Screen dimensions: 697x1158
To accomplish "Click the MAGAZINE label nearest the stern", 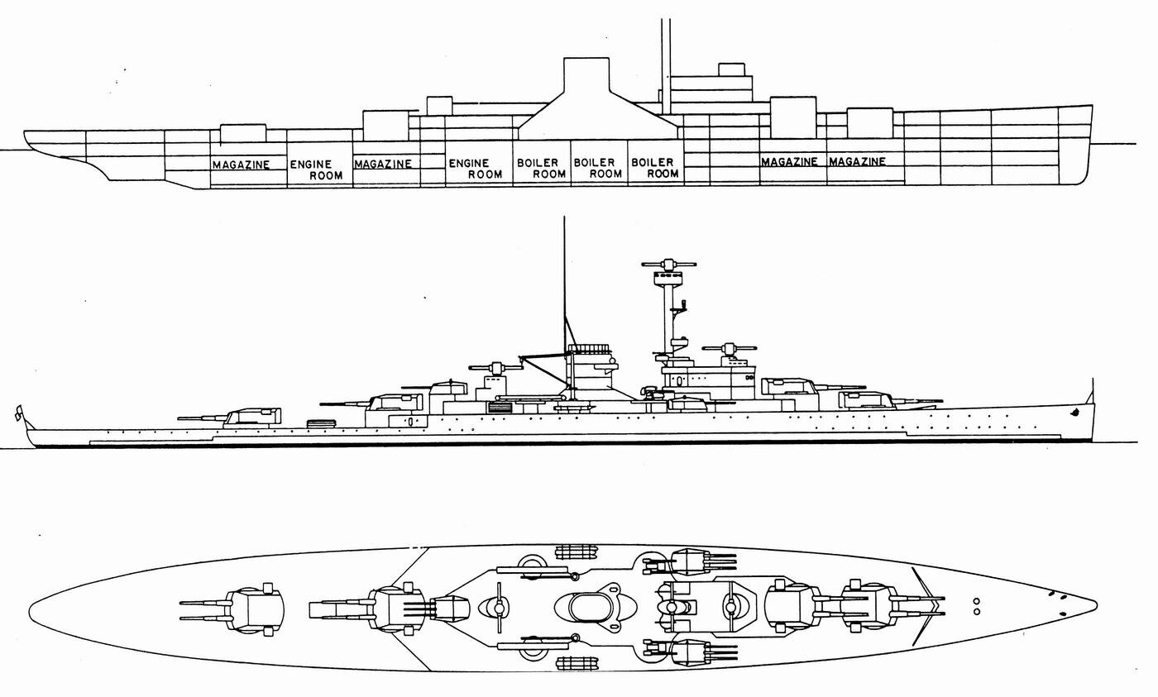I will tap(241, 165).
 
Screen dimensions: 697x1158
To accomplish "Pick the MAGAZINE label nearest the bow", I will tap(857, 161).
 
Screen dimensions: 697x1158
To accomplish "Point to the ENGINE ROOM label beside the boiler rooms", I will tap(475, 169).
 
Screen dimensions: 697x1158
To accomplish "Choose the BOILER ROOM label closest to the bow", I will tap(654, 168).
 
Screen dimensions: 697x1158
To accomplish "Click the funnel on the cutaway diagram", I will tap(586, 98).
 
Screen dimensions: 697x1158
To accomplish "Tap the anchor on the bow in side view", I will tap(1076, 411).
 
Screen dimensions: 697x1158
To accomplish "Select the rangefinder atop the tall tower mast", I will tap(669, 265).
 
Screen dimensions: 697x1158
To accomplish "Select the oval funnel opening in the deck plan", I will tap(590, 607).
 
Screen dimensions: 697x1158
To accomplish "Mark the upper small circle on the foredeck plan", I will tap(976, 601).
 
